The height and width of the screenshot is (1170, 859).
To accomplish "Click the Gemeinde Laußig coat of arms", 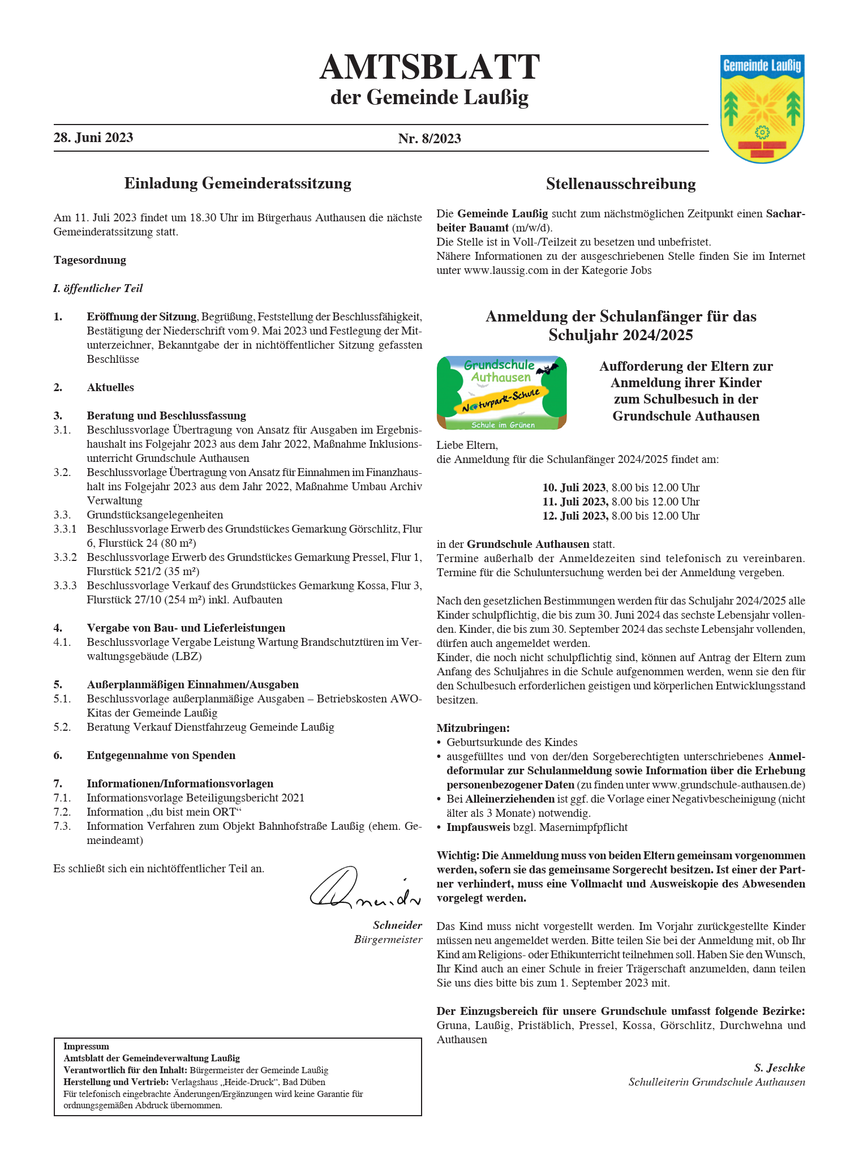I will tap(762, 108).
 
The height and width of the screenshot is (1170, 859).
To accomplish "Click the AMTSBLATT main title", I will tap(429, 67).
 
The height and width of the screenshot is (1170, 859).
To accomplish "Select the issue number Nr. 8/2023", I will tap(429, 139).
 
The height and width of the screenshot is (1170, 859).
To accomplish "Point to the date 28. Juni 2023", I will tap(93, 138).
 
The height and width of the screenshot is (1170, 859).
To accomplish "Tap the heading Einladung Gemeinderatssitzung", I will tap(238, 183).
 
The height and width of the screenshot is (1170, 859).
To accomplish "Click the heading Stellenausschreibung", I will tap(621, 184).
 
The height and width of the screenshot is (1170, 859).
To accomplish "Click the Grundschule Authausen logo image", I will tap(501, 392).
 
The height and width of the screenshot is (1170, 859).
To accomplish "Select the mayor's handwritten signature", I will tap(365, 888).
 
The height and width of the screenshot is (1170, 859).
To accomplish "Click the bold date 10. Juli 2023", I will tap(574, 487).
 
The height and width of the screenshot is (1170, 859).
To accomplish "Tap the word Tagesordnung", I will tap(90, 260).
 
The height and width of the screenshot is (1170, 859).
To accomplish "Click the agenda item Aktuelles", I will tap(110, 388).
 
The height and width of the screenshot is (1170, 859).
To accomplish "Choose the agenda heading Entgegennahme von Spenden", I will tap(161, 756).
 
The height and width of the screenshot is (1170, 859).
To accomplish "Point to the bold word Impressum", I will tap(86, 1047).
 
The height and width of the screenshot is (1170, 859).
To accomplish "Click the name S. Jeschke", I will tap(779, 1068).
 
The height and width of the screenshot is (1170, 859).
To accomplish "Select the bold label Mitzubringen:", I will tap(473, 728).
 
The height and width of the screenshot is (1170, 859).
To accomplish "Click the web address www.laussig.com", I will tap(506, 271).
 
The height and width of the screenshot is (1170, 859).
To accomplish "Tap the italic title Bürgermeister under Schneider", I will tap(388, 940).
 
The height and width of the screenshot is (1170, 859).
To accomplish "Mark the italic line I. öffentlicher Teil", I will tap(98, 289).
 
